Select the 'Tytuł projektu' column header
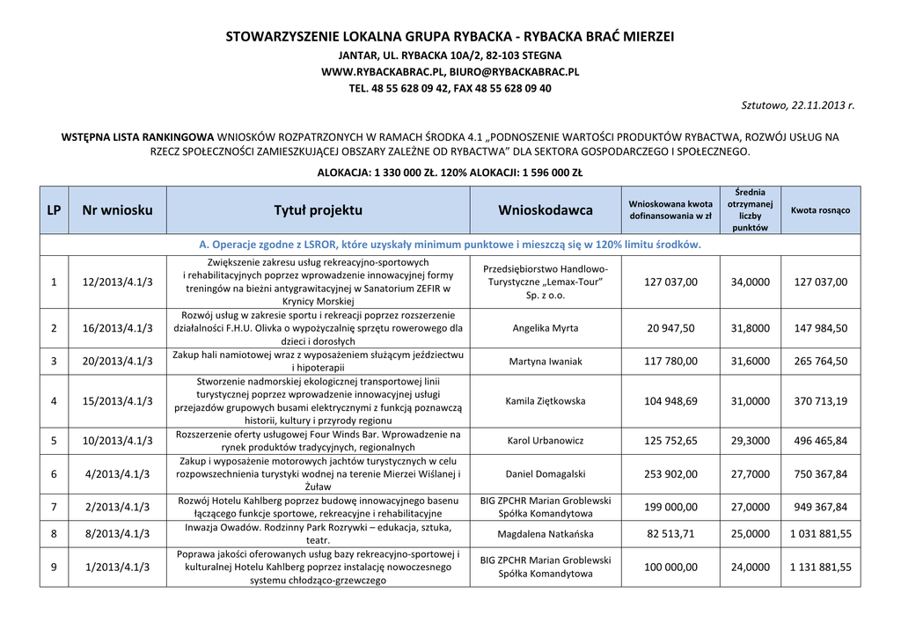tap(318, 210)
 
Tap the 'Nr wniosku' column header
tap(117, 210)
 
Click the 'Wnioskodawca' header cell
tap(546, 210)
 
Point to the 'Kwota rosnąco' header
tap(820, 210)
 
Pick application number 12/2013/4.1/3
tap(117, 282)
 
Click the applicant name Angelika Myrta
tap(546, 328)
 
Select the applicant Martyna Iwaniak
tap(546, 361)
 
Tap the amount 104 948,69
tap(670, 400)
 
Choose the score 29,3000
tap(751, 440)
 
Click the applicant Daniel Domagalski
tap(546, 474)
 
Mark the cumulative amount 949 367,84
tap(820, 507)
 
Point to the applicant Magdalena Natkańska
tap(546, 534)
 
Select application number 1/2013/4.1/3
tap(117, 567)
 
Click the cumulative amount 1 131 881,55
tap(820, 567)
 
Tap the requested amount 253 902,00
tap(670, 474)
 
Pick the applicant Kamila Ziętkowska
tap(546, 400)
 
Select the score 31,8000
tap(751, 328)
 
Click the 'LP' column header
tap(54, 210)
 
